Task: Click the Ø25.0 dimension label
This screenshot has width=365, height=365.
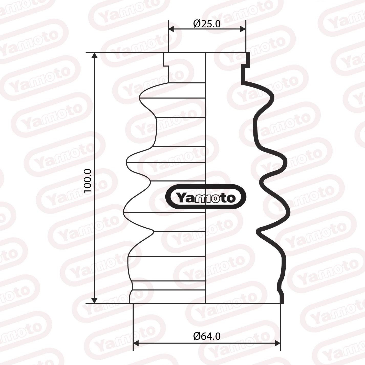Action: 207,24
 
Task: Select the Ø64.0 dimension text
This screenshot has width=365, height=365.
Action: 207,336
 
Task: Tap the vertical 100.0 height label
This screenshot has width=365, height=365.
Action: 88,181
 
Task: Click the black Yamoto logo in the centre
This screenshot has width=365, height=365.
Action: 206,197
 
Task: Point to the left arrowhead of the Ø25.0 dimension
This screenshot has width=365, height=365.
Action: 171,29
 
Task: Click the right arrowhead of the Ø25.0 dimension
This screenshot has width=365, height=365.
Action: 243,29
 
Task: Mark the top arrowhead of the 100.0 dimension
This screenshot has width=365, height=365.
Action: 94,56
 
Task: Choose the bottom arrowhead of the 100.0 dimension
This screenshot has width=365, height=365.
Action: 94,300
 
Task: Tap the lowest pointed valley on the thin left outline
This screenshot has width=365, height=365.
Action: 153,231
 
